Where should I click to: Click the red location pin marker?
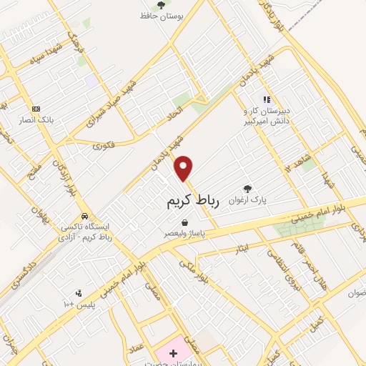tap(184, 167)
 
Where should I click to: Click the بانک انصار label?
tap(57, 120)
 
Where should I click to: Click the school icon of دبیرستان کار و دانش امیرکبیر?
tap(266, 100)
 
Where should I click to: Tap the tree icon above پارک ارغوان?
tap(247, 189)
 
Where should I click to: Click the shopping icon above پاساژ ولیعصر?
tap(185, 222)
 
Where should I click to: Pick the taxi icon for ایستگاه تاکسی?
tap(84, 215)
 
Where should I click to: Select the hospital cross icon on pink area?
tap(172, 353)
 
